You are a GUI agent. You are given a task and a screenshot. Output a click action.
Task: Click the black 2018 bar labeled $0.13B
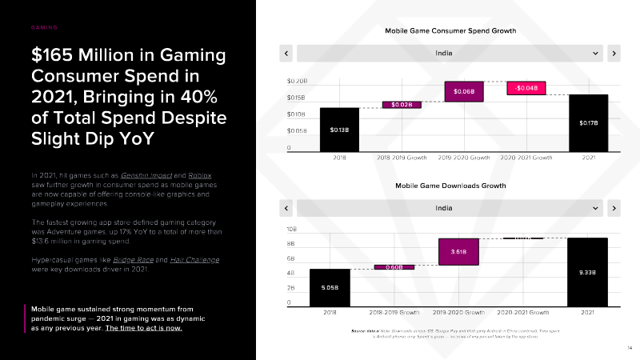pos(339,129)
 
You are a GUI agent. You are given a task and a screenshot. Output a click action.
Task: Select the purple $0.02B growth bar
pos(401,104)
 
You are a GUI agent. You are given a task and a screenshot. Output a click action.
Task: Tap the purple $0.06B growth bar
pos(464,91)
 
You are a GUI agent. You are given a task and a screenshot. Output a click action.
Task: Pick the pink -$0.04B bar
pos(526,88)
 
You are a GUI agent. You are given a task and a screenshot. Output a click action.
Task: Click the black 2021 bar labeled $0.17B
pos(589,122)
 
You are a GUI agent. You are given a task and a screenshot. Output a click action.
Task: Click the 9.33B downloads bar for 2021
pos(587,272)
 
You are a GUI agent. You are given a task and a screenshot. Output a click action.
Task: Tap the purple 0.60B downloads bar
pos(394,267)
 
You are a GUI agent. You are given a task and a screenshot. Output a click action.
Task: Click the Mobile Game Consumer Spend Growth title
pos(450,30)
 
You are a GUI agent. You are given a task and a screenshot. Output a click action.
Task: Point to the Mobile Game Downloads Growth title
pos(450,186)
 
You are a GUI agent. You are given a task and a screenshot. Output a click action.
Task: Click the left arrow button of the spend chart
pos(286,54)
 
